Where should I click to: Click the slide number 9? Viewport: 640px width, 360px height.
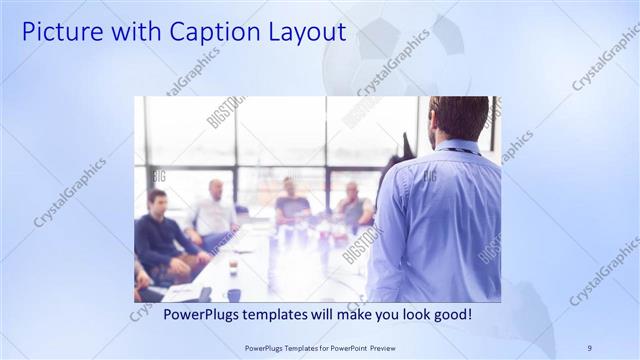(x=589, y=347)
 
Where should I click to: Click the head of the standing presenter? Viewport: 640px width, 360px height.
(x=459, y=118)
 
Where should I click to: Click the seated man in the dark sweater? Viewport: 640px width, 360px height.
(x=160, y=235)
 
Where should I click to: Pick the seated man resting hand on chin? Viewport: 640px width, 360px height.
(x=354, y=205)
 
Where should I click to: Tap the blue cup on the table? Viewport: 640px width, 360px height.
(x=232, y=293)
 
